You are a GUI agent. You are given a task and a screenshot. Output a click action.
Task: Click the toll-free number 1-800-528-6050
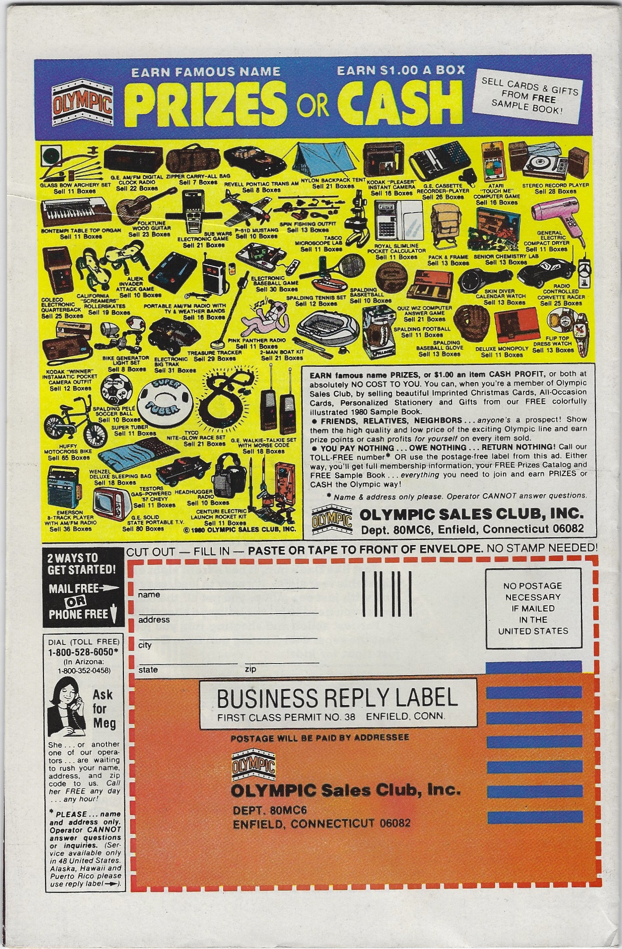pyautogui.click(x=83, y=651)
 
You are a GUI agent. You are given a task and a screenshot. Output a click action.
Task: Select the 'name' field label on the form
pyautogui.click(x=149, y=595)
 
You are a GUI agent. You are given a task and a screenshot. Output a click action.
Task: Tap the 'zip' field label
pyautogui.click(x=250, y=669)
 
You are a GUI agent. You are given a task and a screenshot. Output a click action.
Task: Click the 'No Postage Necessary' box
pyautogui.click(x=533, y=608)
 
